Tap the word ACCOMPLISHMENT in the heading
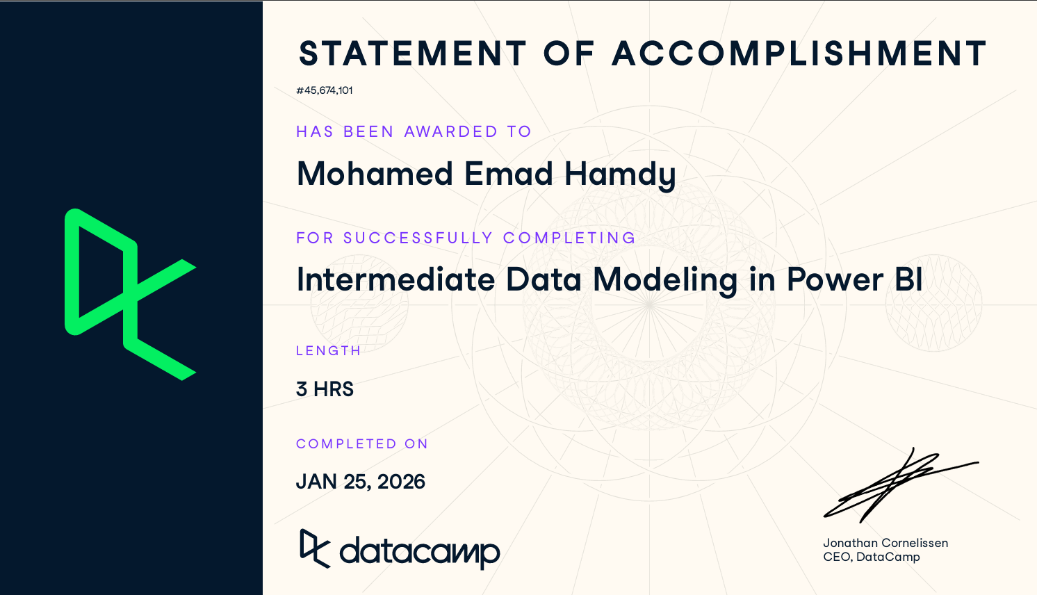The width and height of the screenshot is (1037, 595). [799, 54]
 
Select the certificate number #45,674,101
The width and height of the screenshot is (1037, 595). [324, 90]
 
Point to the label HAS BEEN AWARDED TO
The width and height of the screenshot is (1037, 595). [414, 131]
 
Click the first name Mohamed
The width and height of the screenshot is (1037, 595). [375, 174]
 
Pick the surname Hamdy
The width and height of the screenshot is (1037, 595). [620, 176]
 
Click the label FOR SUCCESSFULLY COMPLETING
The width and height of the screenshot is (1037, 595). [466, 238]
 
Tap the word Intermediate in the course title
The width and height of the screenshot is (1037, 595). [395, 279]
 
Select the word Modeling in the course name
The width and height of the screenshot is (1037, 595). [665, 282]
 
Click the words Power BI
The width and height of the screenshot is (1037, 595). [855, 279]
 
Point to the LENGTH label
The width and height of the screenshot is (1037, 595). [328, 351]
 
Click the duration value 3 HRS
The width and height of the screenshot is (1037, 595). [325, 389]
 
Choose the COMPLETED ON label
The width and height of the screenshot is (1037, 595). [362, 443]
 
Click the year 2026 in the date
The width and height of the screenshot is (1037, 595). [401, 482]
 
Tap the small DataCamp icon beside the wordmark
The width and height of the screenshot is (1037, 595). [315, 548]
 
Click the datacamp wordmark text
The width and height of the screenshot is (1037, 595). [420, 553]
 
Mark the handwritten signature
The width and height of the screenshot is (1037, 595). [901, 485]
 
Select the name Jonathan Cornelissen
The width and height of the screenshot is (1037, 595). [885, 543]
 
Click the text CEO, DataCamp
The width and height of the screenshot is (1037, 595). [872, 557]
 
